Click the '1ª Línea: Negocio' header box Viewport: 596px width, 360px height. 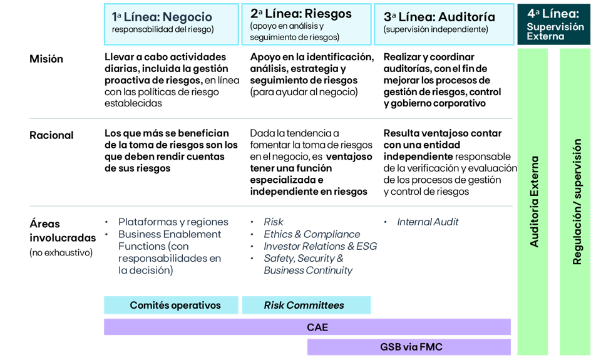pos(171,24)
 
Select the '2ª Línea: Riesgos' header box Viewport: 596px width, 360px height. pos(306,24)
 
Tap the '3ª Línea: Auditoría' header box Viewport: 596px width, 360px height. pos(443,24)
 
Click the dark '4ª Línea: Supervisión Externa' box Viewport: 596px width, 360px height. pos(553,24)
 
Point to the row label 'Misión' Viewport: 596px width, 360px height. pos(46,59)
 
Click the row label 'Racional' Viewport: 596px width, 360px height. pos(51,135)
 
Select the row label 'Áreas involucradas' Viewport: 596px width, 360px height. pos(62,230)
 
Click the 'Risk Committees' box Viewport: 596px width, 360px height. pos(306,306)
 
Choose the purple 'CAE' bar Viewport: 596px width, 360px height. pos(307,327)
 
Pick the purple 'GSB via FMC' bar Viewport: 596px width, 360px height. pos(409,347)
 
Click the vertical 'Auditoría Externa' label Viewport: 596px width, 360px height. pos(534,202)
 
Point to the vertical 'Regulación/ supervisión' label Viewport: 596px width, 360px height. pos(577,202)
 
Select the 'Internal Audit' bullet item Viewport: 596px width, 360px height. pos(428,222)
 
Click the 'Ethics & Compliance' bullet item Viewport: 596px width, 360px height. pos(312,234)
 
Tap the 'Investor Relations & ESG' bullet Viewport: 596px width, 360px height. pos(320,246)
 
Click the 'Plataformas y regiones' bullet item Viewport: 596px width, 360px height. pos(173,222)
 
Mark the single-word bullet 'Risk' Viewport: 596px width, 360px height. pos(274,222)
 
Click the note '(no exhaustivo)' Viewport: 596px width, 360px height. pos(61,253)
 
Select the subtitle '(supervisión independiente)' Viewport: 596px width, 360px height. pos(436,29)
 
